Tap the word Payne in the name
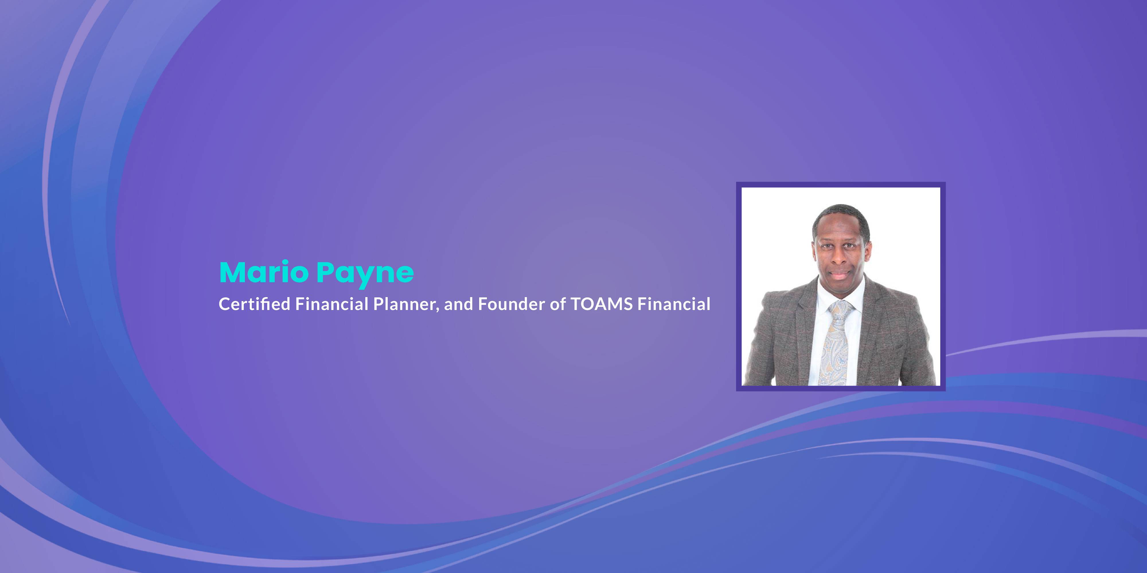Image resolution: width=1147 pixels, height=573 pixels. coord(365,274)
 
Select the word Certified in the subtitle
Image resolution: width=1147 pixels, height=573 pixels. coord(255,304)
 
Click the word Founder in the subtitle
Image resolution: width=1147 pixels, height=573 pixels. coord(512,304)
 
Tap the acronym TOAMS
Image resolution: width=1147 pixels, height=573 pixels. coord(602,304)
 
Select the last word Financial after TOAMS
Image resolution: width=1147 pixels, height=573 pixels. coord(674,304)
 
